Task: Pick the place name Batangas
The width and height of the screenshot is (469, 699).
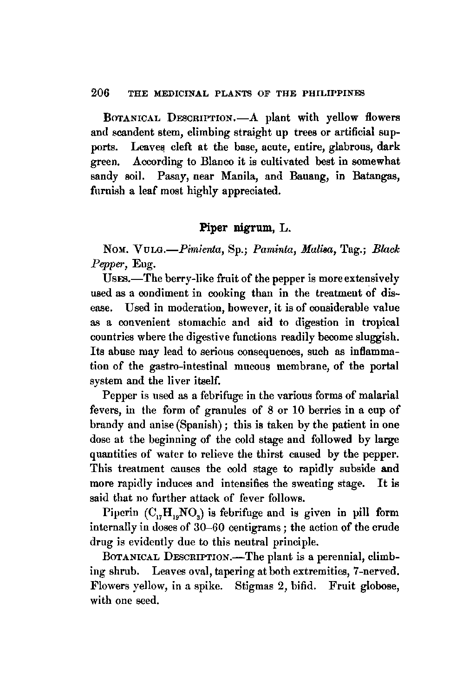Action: pos(376,177)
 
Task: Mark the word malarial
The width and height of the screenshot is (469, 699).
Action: pos(378,395)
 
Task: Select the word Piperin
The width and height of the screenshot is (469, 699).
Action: pos(119,513)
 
